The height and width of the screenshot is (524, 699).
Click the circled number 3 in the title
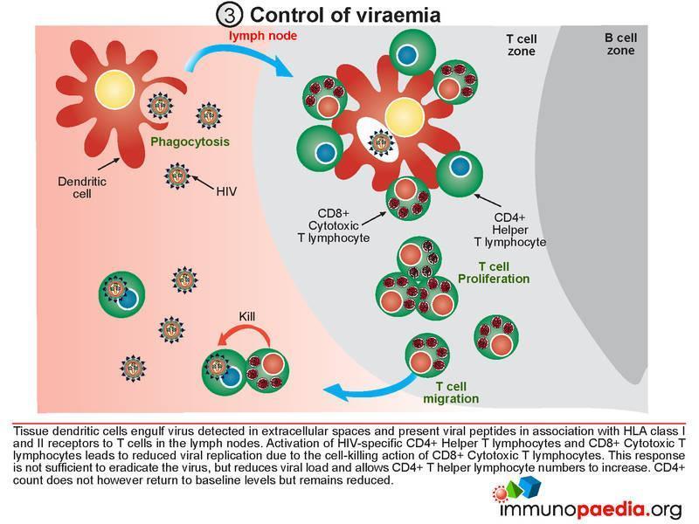tap(229, 15)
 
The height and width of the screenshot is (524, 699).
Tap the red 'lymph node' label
tap(263, 36)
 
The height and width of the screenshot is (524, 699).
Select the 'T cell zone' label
tap(522, 45)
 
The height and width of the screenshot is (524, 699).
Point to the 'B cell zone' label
tap(620, 45)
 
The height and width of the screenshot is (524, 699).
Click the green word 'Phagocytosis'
tap(190, 141)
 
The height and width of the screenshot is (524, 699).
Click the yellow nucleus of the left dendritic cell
tap(115, 89)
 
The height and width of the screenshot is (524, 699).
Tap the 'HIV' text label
tap(226, 191)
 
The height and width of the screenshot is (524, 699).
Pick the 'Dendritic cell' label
tap(82, 188)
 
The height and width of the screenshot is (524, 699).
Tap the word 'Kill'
tap(247, 316)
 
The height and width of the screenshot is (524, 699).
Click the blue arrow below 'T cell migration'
tap(370, 388)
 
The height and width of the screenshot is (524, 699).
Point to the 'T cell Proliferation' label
tap(494, 272)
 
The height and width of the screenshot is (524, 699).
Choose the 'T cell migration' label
tap(451, 392)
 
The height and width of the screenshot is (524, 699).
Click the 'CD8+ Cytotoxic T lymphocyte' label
tap(334, 226)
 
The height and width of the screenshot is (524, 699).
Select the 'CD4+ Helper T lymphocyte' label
tap(510, 230)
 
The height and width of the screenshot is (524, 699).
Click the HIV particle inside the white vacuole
tap(381, 142)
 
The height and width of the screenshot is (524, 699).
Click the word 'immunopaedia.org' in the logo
tap(592, 509)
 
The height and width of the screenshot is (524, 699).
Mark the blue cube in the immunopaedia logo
tap(531, 486)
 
